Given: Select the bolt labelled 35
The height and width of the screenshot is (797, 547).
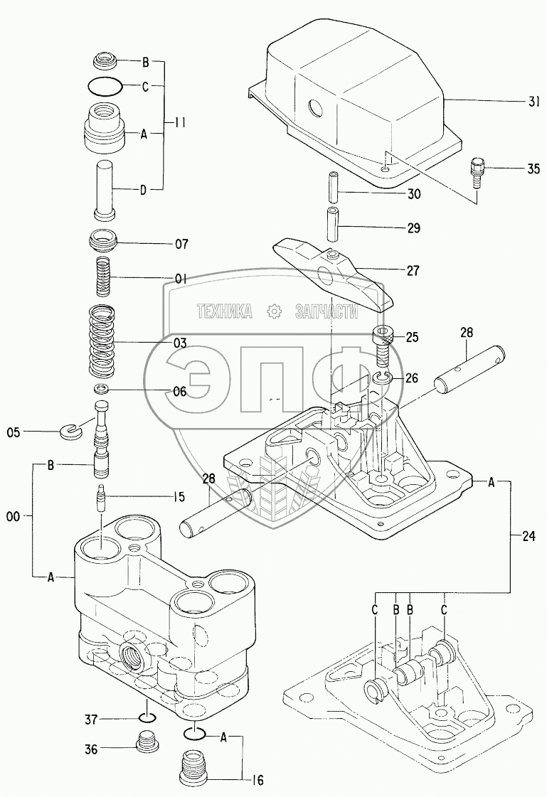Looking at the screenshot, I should [476, 171].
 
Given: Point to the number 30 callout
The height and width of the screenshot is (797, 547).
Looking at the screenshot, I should [413, 193].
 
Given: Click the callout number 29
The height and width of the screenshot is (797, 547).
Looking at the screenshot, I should [413, 228].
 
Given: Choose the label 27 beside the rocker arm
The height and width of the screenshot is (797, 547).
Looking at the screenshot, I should [413, 271].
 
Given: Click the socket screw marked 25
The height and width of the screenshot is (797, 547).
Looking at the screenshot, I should [384, 340].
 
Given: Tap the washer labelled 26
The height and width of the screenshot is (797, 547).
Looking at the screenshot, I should [382, 378].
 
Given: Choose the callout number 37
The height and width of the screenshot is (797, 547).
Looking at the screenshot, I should [90, 720].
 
